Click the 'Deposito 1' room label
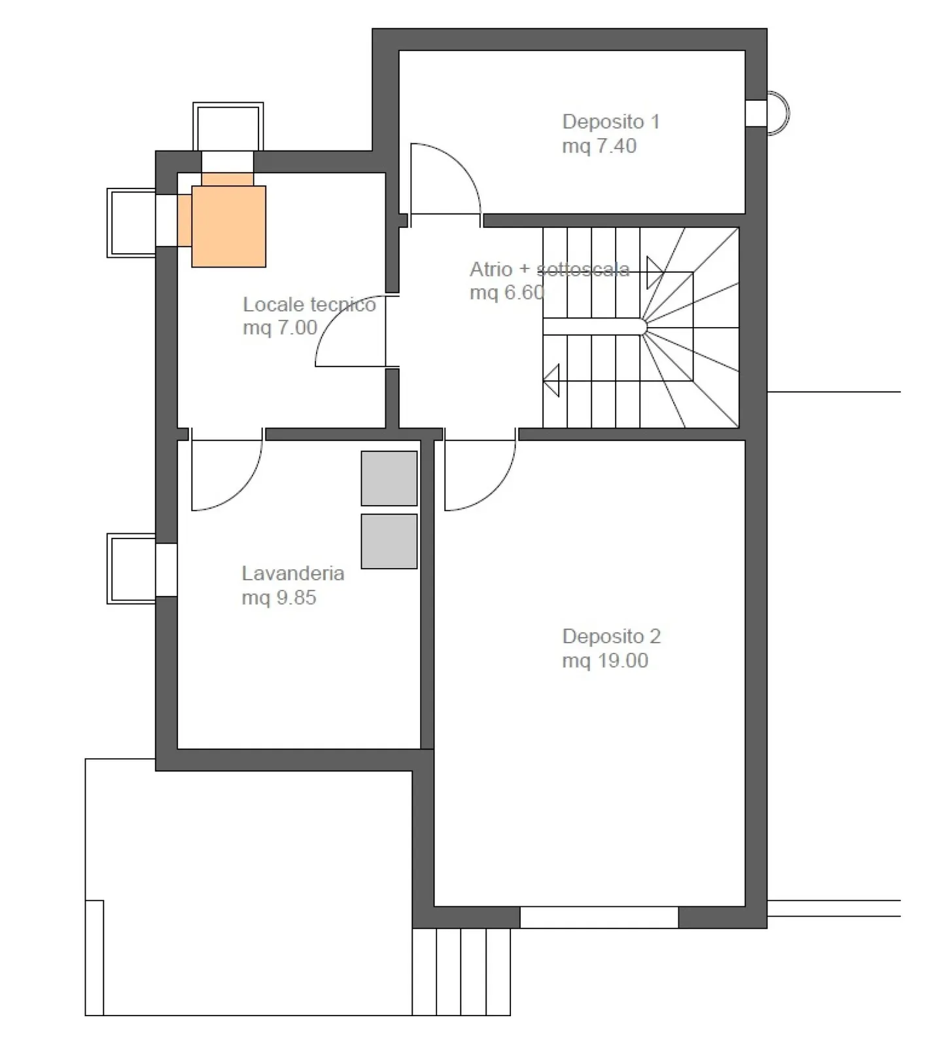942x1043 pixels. click(x=611, y=122)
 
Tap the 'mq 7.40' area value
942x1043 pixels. click(x=599, y=146)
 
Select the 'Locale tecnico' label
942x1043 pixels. click(x=309, y=304)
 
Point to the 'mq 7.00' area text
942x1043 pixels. click(x=280, y=328)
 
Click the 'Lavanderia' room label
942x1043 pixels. click(x=293, y=573)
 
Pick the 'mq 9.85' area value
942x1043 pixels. click(x=279, y=597)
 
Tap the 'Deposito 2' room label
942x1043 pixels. click(x=612, y=636)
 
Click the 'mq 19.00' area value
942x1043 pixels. click(x=605, y=660)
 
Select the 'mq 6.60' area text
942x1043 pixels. click(x=507, y=292)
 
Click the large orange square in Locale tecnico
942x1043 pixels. click(x=228, y=226)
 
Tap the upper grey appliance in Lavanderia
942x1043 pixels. click(x=389, y=478)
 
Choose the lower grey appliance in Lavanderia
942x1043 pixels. click(x=389, y=541)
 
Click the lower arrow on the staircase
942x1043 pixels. click(x=551, y=380)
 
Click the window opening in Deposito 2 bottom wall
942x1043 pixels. click(x=599, y=917)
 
